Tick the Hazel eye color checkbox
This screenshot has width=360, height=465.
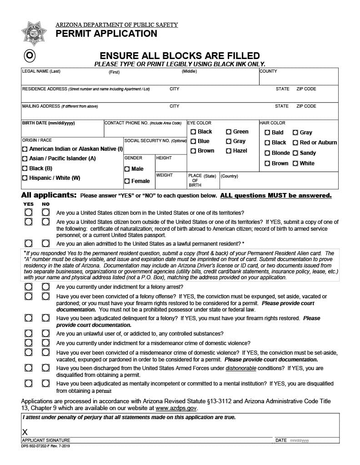[x=229, y=151]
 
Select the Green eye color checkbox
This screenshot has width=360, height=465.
[x=229, y=132]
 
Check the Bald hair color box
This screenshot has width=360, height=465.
[x=267, y=133]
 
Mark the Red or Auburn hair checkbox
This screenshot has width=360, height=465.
[x=295, y=143]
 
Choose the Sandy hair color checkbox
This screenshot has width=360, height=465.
[x=295, y=153]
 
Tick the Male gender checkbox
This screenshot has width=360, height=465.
[x=127, y=169]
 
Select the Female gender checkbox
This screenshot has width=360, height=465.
[x=127, y=181]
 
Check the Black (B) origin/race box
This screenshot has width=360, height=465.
[x=25, y=168]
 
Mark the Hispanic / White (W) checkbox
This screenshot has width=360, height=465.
[x=25, y=178]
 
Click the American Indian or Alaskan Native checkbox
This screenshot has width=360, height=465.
[x=25, y=149]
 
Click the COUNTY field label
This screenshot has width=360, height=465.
[x=268, y=71]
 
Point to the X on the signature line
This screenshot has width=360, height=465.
[x=25, y=431]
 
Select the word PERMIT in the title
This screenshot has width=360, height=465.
[x=72, y=34]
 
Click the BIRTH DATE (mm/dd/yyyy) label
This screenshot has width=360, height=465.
[x=49, y=123]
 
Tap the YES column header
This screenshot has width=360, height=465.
[x=28, y=204]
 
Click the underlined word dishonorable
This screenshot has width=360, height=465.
[x=241, y=368]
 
